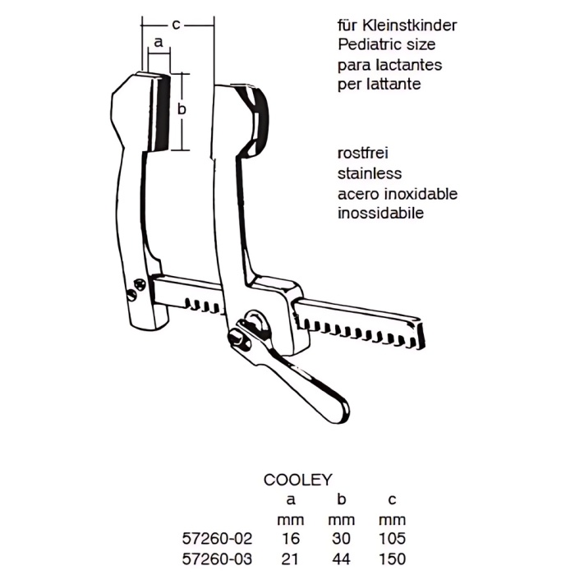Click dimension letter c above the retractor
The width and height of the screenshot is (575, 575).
click(x=177, y=25)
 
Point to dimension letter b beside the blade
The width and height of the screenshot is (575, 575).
click(x=183, y=108)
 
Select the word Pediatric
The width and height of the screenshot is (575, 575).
click(x=368, y=45)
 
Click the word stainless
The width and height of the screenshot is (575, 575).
click(x=369, y=174)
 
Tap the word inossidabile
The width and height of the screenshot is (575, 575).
click(x=380, y=214)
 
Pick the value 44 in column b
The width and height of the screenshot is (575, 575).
click(x=343, y=559)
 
